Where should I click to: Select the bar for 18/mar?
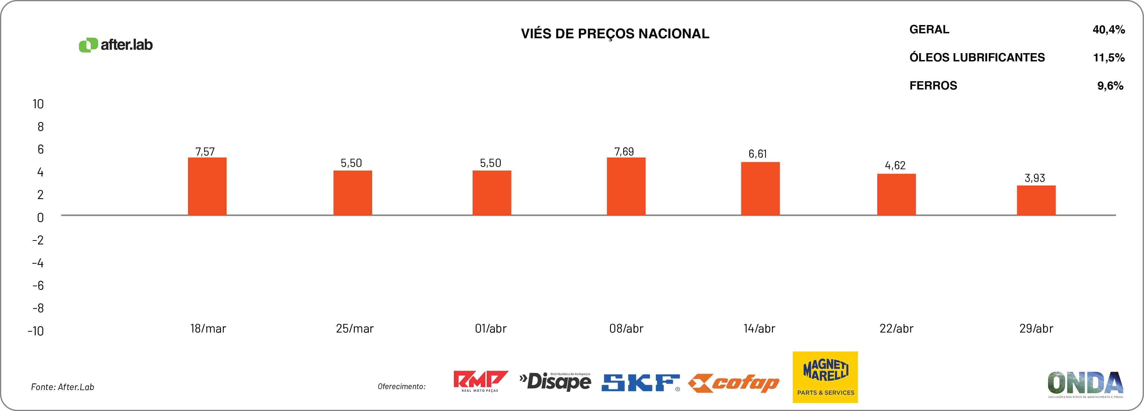point(207,187)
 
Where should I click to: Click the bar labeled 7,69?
point(626,187)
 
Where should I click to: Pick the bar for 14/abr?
point(760,189)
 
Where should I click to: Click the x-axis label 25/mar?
point(355,329)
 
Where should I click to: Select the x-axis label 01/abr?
point(491,329)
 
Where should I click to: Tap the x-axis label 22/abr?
point(896,329)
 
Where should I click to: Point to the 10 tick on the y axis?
point(38,104)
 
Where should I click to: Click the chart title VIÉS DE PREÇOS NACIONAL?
point(615,34)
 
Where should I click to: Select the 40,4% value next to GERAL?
point(1108,30)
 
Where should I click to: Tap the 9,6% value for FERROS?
point(1110,86)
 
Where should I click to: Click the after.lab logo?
point(116,45)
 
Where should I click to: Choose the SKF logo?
point(640,383)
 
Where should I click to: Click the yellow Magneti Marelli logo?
point(825,377)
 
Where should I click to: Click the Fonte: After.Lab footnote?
point(62,387)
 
